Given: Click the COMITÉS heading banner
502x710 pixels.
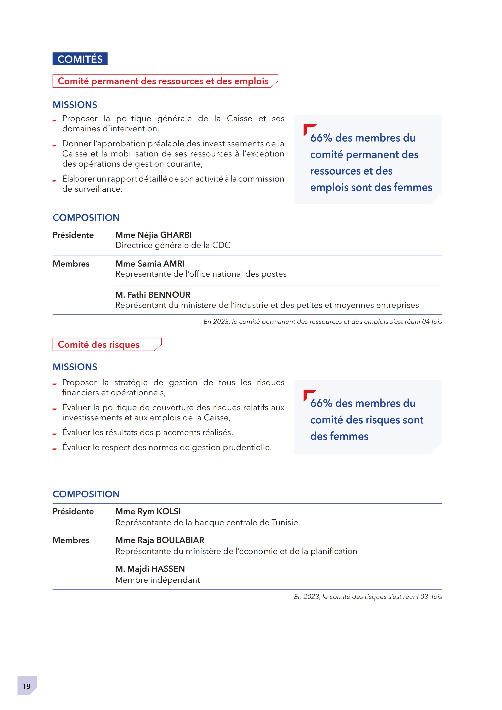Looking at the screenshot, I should coord(80,59).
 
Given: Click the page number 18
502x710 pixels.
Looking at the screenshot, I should coord(27,686).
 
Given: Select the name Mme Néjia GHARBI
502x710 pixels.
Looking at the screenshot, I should coord(153,235).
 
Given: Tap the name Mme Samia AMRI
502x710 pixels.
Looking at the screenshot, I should coord(150,264).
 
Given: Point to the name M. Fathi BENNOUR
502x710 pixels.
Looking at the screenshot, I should coord(153,295).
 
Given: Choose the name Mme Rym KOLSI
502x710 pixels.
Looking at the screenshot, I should coord(148,511).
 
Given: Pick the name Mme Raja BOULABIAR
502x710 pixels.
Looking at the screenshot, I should coord(160,540).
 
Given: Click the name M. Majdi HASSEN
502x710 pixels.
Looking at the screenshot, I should coord(150,569).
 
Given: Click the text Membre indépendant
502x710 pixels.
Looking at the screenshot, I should coord(157,580).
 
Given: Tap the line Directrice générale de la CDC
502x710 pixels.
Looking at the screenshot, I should coord(173,245).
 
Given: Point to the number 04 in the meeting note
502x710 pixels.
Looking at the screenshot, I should coord(426,322).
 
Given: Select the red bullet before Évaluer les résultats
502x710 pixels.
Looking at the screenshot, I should coord(54,434).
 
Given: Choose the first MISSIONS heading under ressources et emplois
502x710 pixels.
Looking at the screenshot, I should coord(75,105).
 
